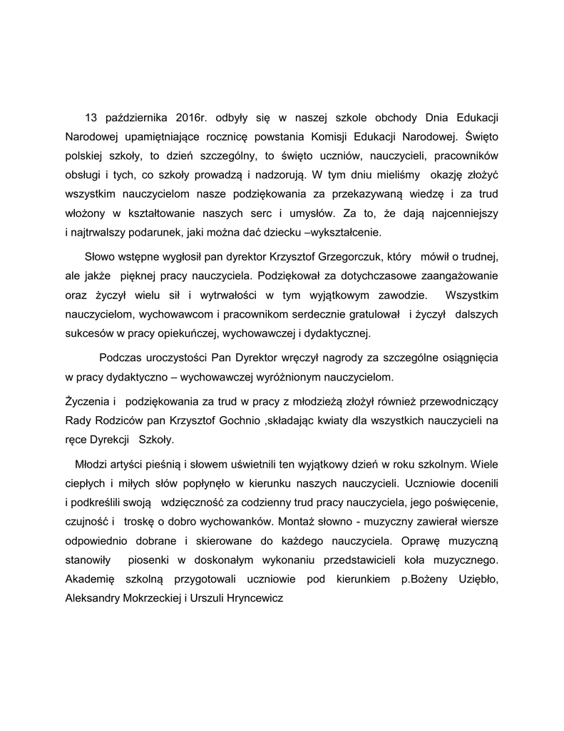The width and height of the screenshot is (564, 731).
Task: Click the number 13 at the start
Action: click(91, 117)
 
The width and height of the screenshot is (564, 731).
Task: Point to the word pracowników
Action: click(466, 155)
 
